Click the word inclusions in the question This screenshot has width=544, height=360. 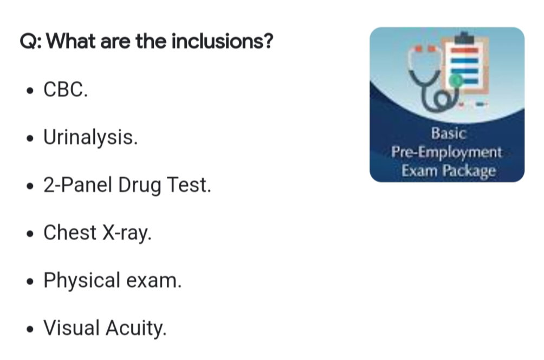click(x=222, y=41)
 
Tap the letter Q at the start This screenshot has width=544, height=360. click(x=28, y=42)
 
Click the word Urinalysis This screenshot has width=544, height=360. click(x=90, y=138)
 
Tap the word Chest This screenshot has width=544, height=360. click(x=70, y=232)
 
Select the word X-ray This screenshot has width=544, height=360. click(x=127, y=233)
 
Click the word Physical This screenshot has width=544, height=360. click(x=81, y=280)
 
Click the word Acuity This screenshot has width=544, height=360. click(x=136, y=329)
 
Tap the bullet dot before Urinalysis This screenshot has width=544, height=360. click(x=30, y=138)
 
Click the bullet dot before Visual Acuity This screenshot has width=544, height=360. click(x=30, y=329)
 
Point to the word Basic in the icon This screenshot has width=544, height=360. click(x=449, y=133)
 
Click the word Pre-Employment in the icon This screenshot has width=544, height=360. click(x=446, y=152)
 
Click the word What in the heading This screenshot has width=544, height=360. click(x=71, y=41)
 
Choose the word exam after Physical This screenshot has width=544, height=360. click(x=154, y=281)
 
